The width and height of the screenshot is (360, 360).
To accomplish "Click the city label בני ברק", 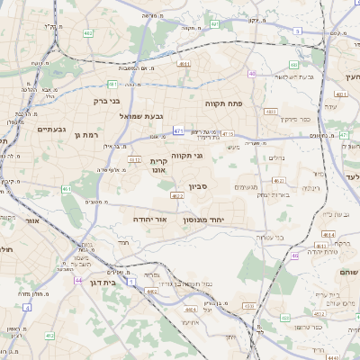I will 107,101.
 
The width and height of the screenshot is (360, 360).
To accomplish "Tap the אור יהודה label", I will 148,219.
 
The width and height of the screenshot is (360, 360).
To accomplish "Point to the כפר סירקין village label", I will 292,119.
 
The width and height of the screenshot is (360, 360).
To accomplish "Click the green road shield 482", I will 88,32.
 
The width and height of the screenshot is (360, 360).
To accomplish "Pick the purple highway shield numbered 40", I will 253,74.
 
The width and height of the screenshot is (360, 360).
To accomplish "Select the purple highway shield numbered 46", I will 294,256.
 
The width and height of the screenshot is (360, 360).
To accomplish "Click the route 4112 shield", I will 135,159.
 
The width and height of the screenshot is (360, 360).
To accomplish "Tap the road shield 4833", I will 271,112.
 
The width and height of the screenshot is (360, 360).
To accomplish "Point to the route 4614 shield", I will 328,234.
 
